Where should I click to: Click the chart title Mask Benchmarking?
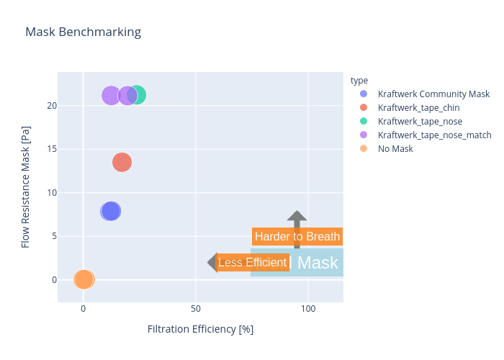pyautogui.click(x=83, y=32)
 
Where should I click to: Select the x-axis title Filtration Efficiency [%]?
pyautogui.click(x=200, y=329)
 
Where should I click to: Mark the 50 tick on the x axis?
pyautogui.click(x=196, y=308)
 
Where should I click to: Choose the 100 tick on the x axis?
pyautogui.click(x=308, y=308)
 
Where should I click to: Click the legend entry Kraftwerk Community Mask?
pyautogui.click(x=433, y=94)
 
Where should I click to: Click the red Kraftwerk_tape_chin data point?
pyautogui.click(x=122, y=162)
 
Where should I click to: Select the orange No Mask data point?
pyautogui.click(x=84, y=279)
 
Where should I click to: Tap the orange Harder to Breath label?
pyautogui.click(x=297, y=236)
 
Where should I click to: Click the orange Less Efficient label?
pyautogui.click(x=252, y=262)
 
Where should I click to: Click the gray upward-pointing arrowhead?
pyautogui.click(x=297, y=217)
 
